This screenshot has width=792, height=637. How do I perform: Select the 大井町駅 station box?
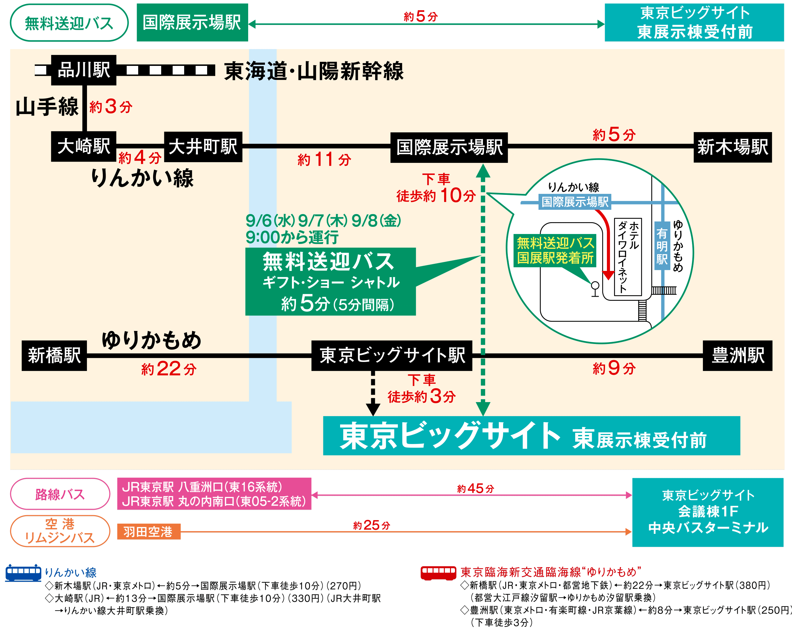(x=203, y=147)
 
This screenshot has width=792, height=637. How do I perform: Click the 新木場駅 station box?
(x=732, y=147)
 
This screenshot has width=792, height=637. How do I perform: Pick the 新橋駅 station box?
(x=54, y=355)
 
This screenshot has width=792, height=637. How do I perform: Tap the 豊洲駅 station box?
(x=737, y=355)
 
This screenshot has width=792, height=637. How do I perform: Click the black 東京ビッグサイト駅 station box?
(x=392, y=355)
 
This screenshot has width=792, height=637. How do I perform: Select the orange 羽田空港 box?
(x=148, y=532)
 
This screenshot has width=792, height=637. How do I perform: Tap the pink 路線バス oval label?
(x=60, y=494)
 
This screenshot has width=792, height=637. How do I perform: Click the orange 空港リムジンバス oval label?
(x=60, y=531)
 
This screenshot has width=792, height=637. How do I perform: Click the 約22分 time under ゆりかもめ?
(x=169, y=369)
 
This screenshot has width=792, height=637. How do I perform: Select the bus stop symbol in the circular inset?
(x=595, y=288)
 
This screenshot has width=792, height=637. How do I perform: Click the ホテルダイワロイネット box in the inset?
(x=628, y=257)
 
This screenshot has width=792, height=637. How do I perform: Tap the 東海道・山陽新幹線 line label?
(x=314, y=71)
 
